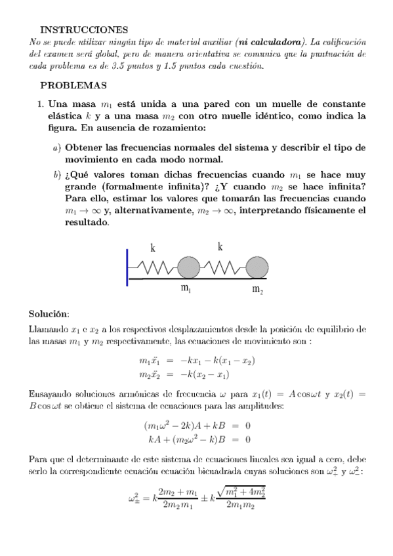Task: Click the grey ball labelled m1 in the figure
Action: click(x=188, y=268)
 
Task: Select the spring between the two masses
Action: click(x=223, y=268)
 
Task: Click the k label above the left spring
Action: click(x=153, y=248)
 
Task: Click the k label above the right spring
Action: click(x=220, y=247)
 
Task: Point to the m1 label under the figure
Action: click(x=186, y=289)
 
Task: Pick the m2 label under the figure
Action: click(x=258, y=290)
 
